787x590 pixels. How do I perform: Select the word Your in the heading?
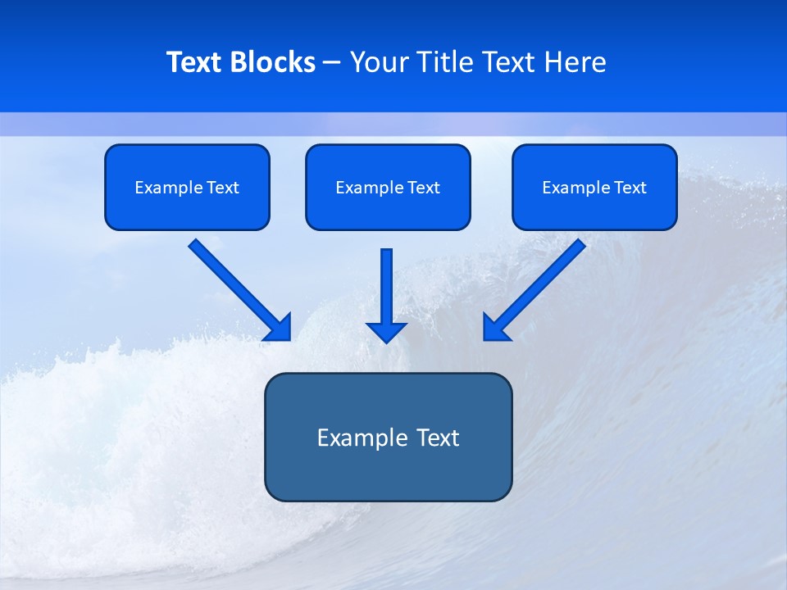pos(378,62)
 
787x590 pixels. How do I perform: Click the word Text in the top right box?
pos(630,188)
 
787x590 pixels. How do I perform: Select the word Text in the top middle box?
pos(423,188)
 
